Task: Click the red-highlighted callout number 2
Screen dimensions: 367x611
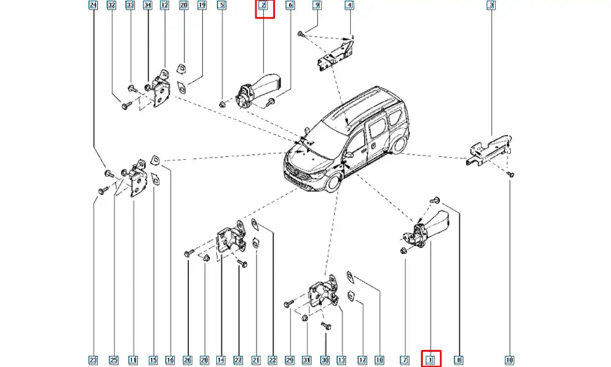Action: (263, 6)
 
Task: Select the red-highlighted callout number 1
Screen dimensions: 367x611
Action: (430, 360)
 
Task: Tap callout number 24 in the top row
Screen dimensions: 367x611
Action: (93, 6)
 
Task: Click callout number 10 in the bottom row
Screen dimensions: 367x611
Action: (510, 360)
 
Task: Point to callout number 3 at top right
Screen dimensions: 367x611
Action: (491, 6)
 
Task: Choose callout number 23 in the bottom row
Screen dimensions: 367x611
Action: (93, 360)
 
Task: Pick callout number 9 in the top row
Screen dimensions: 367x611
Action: (316, 6)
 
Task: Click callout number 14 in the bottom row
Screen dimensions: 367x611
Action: (221, 360)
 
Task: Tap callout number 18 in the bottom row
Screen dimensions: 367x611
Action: (379, 360)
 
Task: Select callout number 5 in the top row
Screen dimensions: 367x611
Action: (222, 6)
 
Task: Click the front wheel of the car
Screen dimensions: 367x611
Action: (333, 183)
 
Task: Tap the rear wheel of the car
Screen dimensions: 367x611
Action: (398, 144)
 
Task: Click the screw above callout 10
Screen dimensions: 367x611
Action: (511, 175)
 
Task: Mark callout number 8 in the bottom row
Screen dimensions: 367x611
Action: (459, 360)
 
